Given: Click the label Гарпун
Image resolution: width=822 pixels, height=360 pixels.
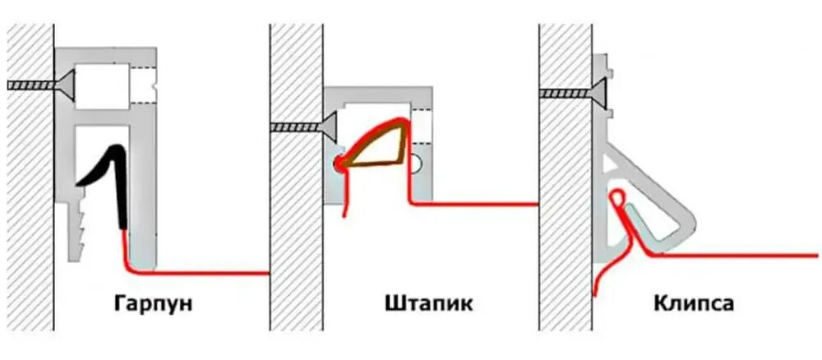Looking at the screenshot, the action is (x=154, y=304).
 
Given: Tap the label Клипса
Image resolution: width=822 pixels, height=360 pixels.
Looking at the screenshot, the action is (x=695, y=304).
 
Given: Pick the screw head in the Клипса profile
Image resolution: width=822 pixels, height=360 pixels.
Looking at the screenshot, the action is (x=600, y=92).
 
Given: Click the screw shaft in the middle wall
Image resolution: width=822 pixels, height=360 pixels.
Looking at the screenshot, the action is (x=296, y=126).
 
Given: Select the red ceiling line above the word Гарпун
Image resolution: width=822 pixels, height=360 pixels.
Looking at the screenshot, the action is (x=205, y=271).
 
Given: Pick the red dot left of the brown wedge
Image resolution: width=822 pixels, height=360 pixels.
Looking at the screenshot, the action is (x=339, y=164).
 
